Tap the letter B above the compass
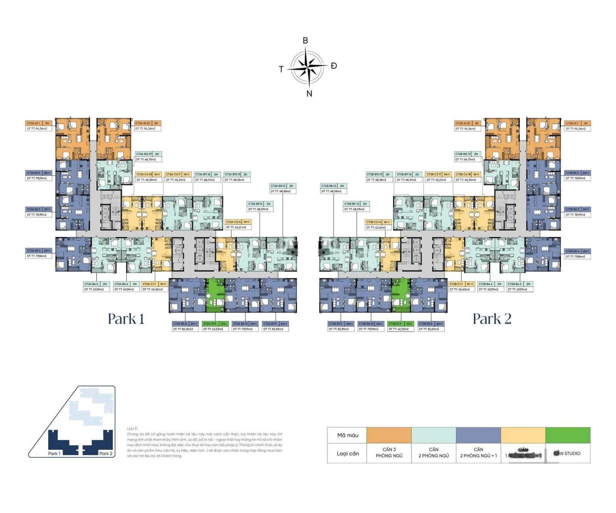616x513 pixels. tap(305, 40)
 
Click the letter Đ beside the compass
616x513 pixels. tap(333, 66)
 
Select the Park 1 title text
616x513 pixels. tap(126, 319)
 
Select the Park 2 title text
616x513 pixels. tap(492, 319)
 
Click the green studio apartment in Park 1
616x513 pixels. tap(215, 295)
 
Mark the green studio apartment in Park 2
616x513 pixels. tap(400, 295)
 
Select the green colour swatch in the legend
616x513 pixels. tap(567, 435)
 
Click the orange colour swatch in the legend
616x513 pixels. tap(389, 435)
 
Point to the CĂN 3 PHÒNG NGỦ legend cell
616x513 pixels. tap(389, 453)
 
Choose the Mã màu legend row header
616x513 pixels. tap(347, 435)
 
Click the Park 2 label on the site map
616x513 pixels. tap(105, 453)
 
